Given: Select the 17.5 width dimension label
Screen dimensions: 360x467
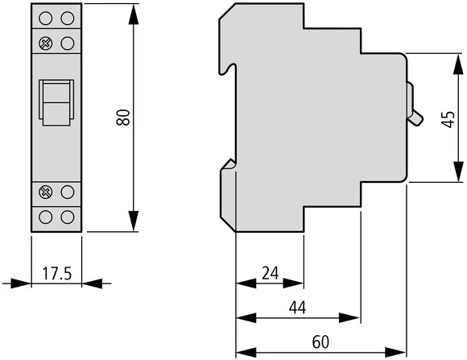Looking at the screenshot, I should tap(56, 274).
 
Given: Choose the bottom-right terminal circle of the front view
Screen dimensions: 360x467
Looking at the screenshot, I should tap(68, 217).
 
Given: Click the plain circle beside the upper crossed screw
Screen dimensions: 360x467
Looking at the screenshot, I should tap(68, 42).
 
